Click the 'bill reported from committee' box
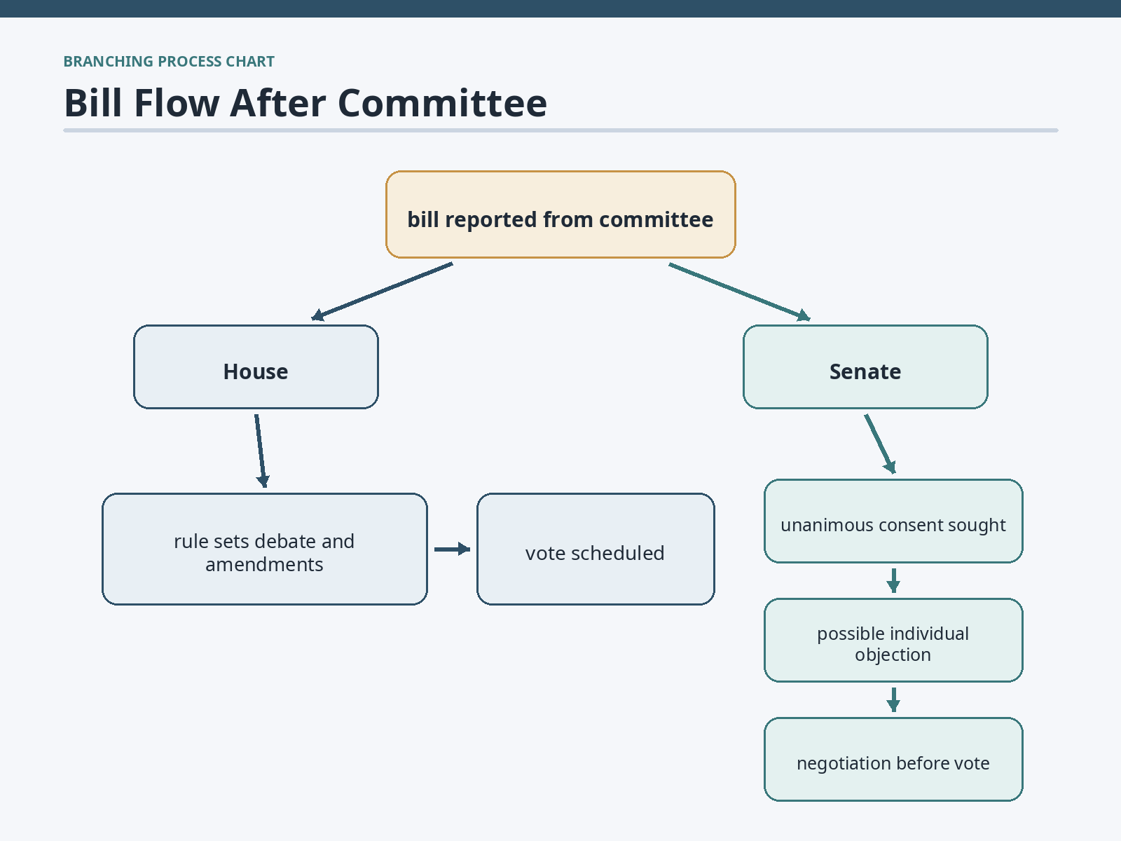(560, 214)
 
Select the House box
(256, 367)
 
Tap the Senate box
(865, 367)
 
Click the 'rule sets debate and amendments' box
(265, 549)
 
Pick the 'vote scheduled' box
(596, 549)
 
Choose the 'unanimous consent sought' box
(893, 521)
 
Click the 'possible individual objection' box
(893, 640)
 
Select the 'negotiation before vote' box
(893, 759)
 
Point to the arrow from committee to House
(382, 292)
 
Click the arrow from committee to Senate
(739, 292)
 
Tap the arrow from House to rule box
(261, 451)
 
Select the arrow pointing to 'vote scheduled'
(453, 549)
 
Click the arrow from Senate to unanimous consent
(880, 444)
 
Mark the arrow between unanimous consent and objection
(893, 580)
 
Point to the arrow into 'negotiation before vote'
(893, 699)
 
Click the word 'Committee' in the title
(442, 103)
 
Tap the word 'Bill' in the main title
(93, 103)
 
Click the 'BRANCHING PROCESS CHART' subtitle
(169, 61)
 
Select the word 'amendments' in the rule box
(265, 565)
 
